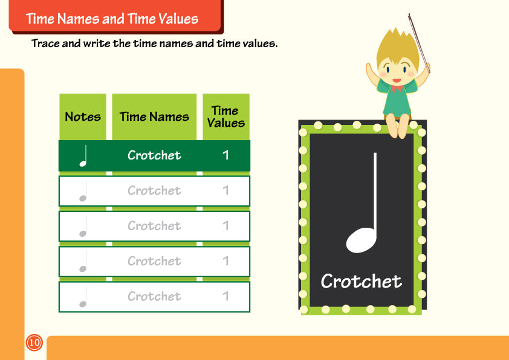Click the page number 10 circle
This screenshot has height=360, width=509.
(34, 342)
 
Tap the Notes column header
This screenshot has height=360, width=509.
(83, 117)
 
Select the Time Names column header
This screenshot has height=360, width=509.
(154, 117)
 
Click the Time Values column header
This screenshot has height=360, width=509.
(226, 117)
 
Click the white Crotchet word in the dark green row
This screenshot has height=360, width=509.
(154, 155)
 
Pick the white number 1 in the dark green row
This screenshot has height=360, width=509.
(225, 155)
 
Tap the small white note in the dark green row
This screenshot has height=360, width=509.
(83, 156)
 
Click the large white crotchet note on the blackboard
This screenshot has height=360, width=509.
(361, 203)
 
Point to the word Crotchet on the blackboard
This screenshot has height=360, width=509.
(361, 281)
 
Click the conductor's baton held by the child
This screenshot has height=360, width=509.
(419, 43)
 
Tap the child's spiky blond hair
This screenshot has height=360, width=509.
(398, 47)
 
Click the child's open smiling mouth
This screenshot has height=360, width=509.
(397, 80)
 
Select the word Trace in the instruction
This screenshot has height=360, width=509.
(45, 43)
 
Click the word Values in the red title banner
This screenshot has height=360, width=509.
(178, 19)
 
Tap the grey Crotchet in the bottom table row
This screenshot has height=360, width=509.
(154, 296)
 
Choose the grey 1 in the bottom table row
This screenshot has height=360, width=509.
(225, 296)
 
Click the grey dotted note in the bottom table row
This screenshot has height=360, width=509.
(83, 297)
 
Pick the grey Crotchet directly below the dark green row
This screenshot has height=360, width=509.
(154, 190)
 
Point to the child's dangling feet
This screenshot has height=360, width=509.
(398, 126)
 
